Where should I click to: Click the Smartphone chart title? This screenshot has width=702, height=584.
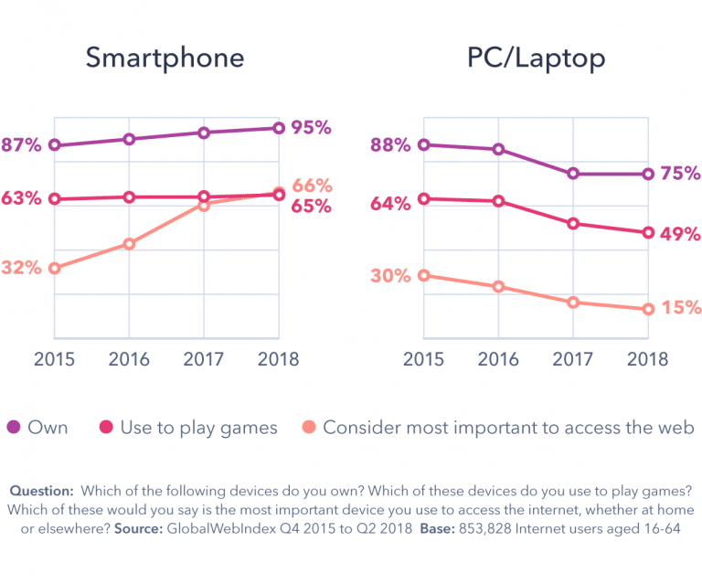tap(165, 58)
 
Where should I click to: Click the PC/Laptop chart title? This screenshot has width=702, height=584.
tap(536, 58)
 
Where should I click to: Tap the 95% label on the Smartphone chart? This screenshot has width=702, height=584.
tap(311, 128)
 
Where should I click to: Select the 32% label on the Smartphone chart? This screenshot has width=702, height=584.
tap(21, 268)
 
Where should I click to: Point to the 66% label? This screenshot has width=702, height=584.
tap(312, 186)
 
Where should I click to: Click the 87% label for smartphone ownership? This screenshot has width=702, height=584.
tap(21, 145)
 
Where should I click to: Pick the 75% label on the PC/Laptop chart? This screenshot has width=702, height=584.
tap(681, 174)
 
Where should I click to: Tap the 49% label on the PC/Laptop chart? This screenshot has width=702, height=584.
tap(681, 234)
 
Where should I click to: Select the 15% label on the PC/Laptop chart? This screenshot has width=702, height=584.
tap(681, 308)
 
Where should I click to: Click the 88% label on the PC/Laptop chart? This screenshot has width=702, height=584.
tap(390, 144)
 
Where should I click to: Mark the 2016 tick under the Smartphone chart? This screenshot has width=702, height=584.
tap(129, 358)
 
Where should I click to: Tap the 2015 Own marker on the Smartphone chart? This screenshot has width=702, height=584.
tap(55, 145)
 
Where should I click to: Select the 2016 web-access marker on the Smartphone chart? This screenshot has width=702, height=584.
tap(129, 244)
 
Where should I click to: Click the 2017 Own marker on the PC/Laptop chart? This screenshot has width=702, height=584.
tap(573, 174)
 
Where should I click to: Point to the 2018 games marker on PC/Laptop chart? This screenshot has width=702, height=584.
tap(647, 232)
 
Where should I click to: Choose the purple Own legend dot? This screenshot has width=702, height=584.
tap(14, 427)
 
